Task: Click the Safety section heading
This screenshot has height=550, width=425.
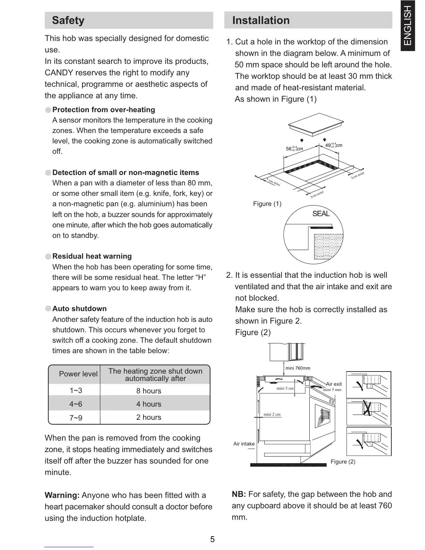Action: (68, 20)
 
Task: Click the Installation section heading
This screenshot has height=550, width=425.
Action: (261, 20)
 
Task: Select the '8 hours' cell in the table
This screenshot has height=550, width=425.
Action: (149, 391)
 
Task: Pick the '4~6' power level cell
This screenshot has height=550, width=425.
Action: (76, 404)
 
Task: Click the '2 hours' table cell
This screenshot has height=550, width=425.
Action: (149, 417)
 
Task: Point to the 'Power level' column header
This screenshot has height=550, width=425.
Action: (78, 374)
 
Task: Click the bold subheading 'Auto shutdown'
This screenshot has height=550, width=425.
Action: (80, 309)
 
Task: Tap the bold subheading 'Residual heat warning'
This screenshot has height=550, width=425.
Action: (92, 256)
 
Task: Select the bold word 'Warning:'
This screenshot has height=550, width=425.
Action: (62, 495)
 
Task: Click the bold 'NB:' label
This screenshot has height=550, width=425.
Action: (239, 494)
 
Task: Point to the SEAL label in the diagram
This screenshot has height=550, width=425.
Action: (321, 214)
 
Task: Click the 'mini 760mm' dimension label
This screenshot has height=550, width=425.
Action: (298, 368)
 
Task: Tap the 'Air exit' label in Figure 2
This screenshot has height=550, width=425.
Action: (334, 384)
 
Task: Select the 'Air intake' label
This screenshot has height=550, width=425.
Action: (244, 444)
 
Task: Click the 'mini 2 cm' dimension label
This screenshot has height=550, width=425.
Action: (272, 414)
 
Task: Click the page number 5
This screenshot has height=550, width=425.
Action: (212, 540)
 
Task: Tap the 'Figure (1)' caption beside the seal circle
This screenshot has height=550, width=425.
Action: (267, 204)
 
